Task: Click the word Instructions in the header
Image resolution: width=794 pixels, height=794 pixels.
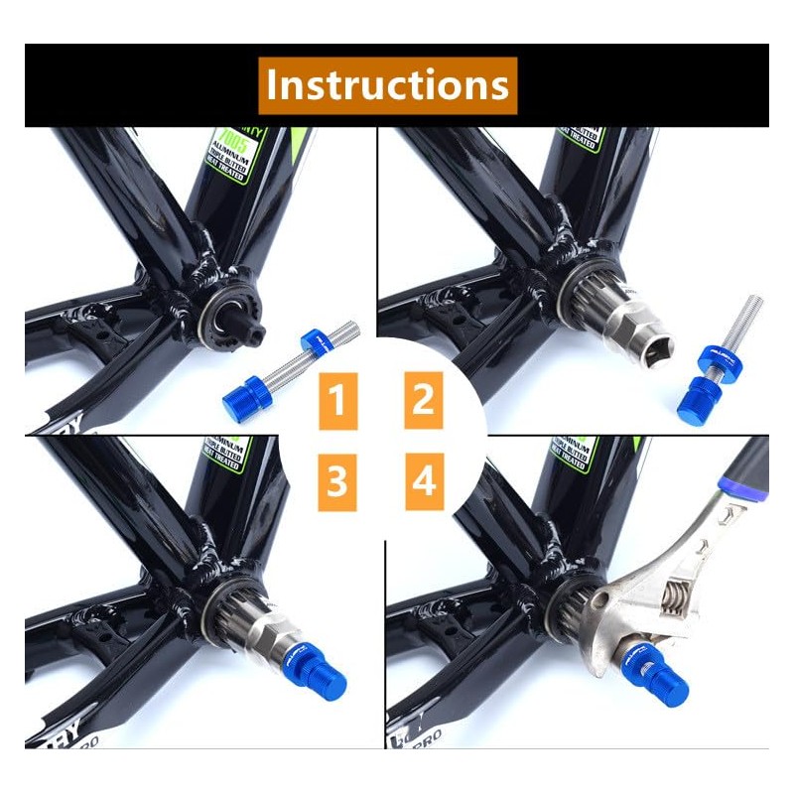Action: [x=388, y=85]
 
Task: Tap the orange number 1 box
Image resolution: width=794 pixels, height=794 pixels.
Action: [x=337, y=402]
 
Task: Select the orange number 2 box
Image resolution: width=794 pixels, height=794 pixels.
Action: [x=424, y=401]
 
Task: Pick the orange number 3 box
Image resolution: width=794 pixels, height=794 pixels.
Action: [x=337, y=482]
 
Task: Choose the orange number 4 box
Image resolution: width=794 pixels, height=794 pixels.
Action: [x=424, y=482]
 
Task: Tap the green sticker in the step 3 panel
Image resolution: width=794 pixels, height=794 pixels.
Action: [x=225, y=454]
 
